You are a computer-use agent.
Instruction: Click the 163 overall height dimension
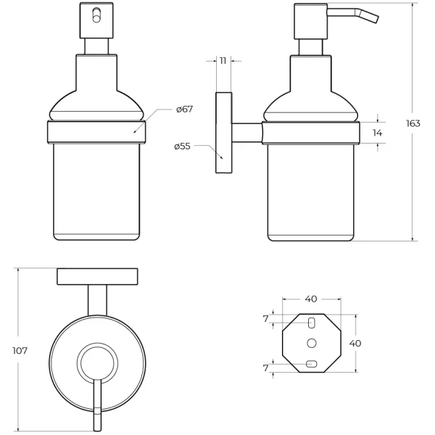pyautogui.click(x=413, y=123)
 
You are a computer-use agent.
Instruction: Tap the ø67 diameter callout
pyautogui.click(x=184, y=109)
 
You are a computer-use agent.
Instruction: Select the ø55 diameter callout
pyautogui.click(x=182, y=146)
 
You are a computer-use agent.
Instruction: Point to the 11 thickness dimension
pyautogui.click(x=223, y=61)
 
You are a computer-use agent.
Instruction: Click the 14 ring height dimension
pyautogui.click(x=377, y=133)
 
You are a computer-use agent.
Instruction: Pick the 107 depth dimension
pyautogui.click(x=20, y=351)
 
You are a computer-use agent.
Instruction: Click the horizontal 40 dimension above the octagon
pyautogui.click(x=311, y=299)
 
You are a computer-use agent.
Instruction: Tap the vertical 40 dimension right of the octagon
pyautogui.click(x=355, y=344)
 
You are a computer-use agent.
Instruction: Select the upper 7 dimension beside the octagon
pyautogui.click(x=266, y=319)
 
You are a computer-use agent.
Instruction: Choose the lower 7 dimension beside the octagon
pyautogui.click(x=266, y=368)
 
